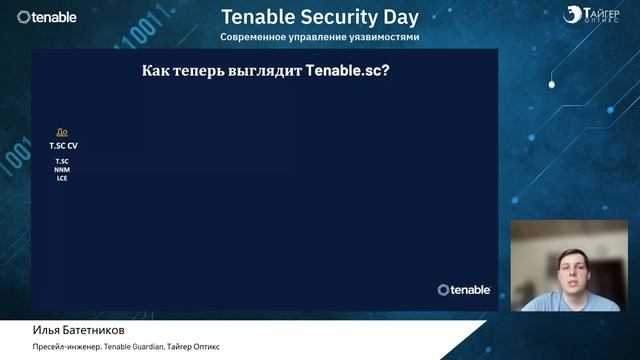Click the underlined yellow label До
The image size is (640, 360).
62,132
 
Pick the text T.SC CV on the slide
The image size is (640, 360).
63,145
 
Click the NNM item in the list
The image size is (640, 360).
62,170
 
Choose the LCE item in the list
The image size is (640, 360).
62,178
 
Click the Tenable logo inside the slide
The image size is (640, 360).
464,290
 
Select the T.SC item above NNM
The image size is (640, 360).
62,161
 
